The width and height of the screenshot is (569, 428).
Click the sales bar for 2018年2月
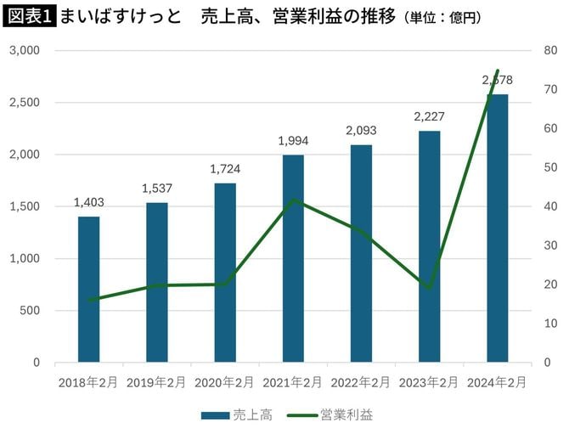(89, 289)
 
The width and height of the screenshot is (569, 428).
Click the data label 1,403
(89, 202)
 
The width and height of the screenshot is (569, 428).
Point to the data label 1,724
(225, 169)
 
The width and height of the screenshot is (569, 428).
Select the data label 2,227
(429, 116)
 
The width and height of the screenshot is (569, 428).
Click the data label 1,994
(293, 141)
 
